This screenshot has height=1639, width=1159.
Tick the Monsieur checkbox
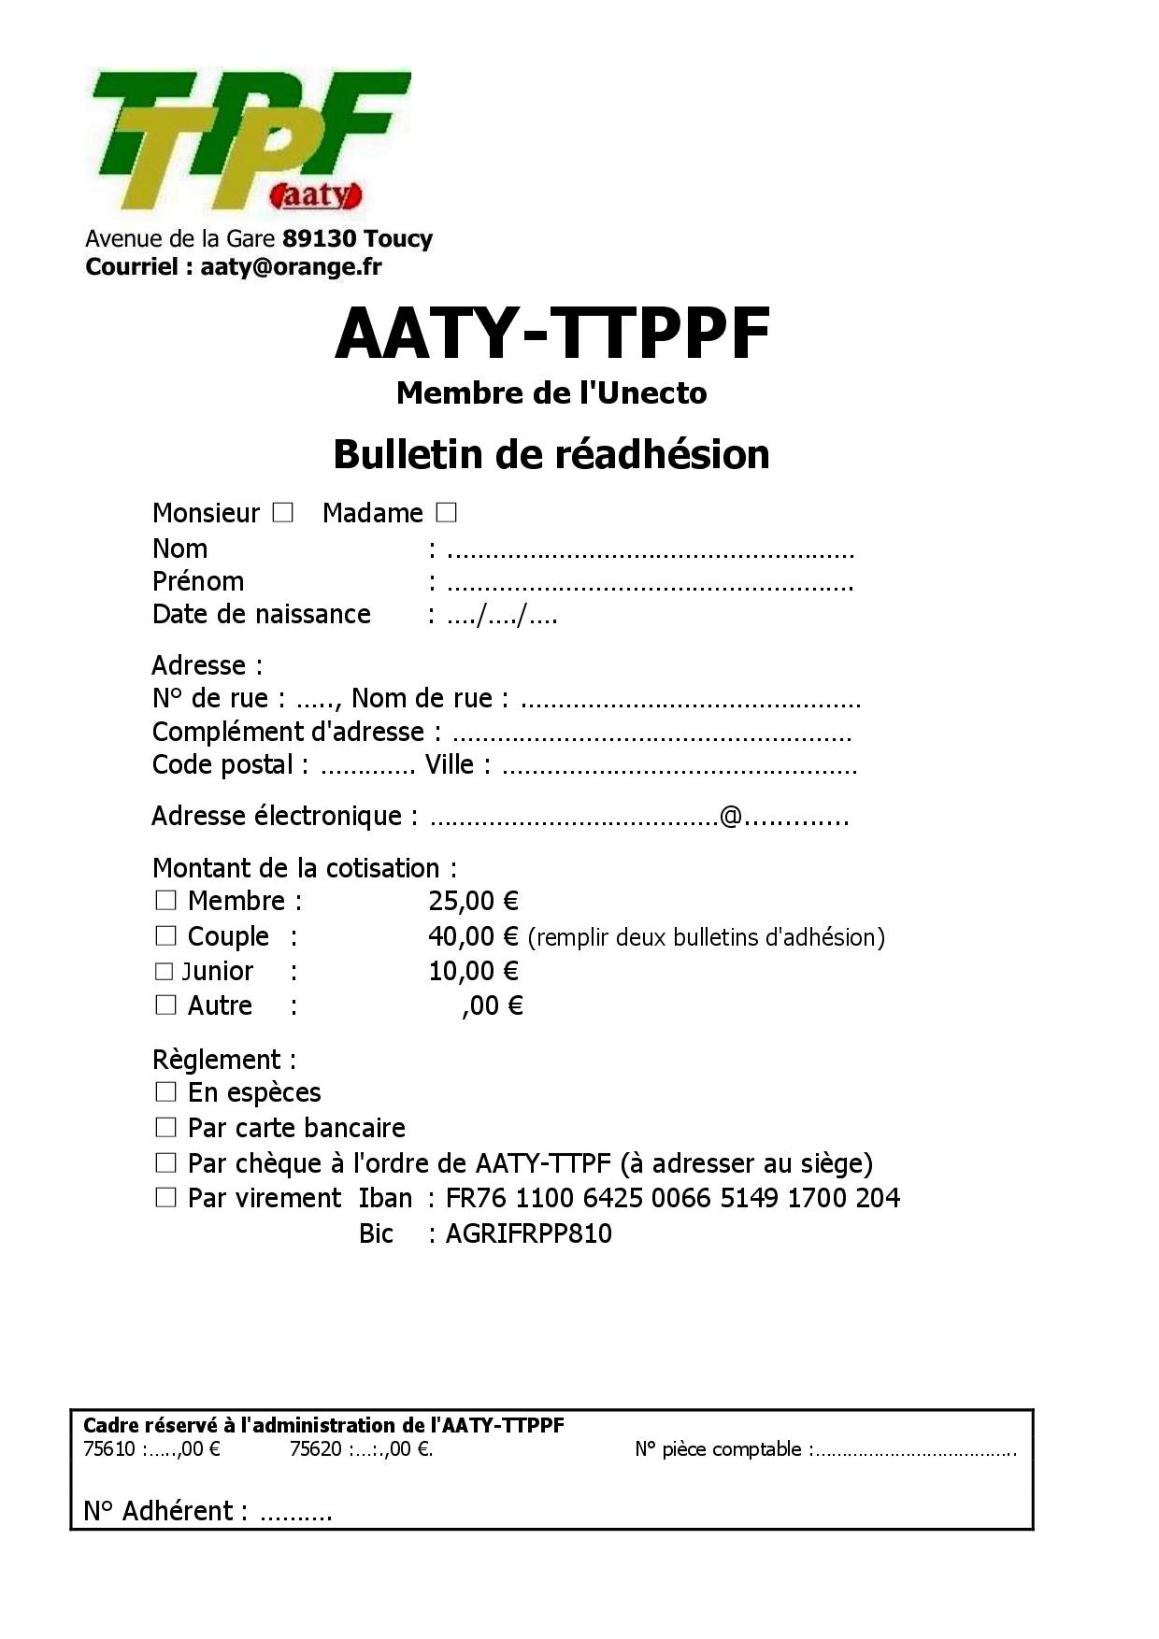click(x=282, y=512)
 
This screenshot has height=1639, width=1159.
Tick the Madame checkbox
click(x=446, y=512)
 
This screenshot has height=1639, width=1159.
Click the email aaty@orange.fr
click(x=291, y=266)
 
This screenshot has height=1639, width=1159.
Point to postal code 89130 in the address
click(x=320, y=238)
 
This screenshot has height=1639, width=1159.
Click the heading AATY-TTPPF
click(x=551, y=333)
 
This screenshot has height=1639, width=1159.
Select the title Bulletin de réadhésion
click(x=551, y=454)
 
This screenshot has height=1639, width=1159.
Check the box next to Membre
click(x=165, y=900)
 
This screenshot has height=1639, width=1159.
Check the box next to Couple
click(x=165, y=935)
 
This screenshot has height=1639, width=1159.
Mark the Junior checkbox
click(x=165, y=971)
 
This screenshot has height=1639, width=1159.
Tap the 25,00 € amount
click(x=473, y=901)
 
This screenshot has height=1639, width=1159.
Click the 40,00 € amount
click(x=473, y=935)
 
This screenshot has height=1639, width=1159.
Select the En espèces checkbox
click(x=165, y=1091)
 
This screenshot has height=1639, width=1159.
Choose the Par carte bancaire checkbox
click(x=165, y=1127)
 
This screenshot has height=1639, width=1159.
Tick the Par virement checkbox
click(x=165, y=1197)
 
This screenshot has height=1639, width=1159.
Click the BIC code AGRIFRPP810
click(x=529, y=1233)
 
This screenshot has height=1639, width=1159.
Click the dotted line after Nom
click(x=651, y=553)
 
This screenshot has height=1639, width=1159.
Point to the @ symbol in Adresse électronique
click(x=731, y=816)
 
